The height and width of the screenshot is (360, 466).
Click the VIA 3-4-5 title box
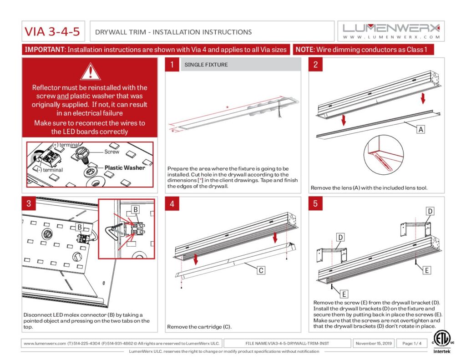52,32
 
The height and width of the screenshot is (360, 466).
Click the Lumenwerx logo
391,31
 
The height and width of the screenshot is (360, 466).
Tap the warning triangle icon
90,71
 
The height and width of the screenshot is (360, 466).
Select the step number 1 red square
172,65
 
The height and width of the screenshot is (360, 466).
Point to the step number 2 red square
315,65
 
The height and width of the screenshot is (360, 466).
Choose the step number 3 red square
29,204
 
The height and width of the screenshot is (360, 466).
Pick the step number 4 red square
172,204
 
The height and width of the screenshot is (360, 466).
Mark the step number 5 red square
315,204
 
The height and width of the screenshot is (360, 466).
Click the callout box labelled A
421,129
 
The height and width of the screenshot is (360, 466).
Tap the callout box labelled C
261,270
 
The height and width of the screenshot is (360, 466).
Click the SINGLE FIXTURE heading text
206,65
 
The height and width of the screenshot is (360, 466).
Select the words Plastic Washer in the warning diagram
125,167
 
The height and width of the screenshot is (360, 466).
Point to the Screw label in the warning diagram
112,152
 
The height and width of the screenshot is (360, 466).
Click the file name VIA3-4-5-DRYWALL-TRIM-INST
294,343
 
